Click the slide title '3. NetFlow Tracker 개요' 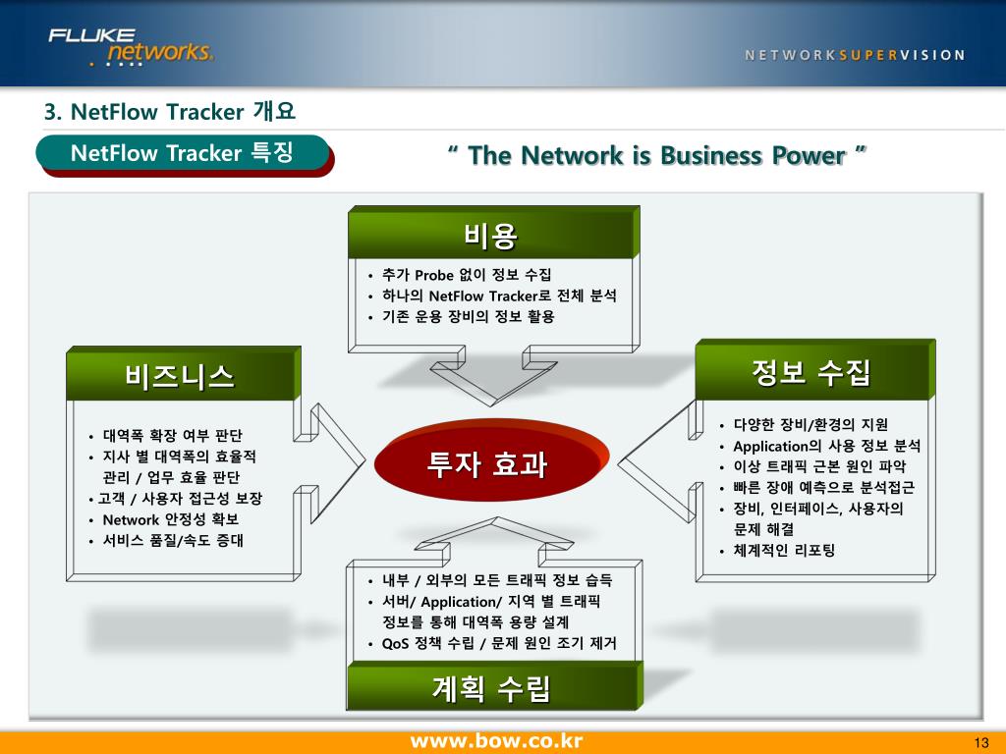[x=169, y=112]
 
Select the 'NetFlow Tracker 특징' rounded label [x=182, y=153]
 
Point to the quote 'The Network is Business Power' [x=656, y=155]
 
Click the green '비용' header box [x=491, y=236]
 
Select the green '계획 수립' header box [x=491, y=687]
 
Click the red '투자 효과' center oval [x=487, y=463]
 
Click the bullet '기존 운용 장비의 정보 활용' [x=469, y=316]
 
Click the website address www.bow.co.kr [x=496, y=740]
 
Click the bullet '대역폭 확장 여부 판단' [x=172, y=436]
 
